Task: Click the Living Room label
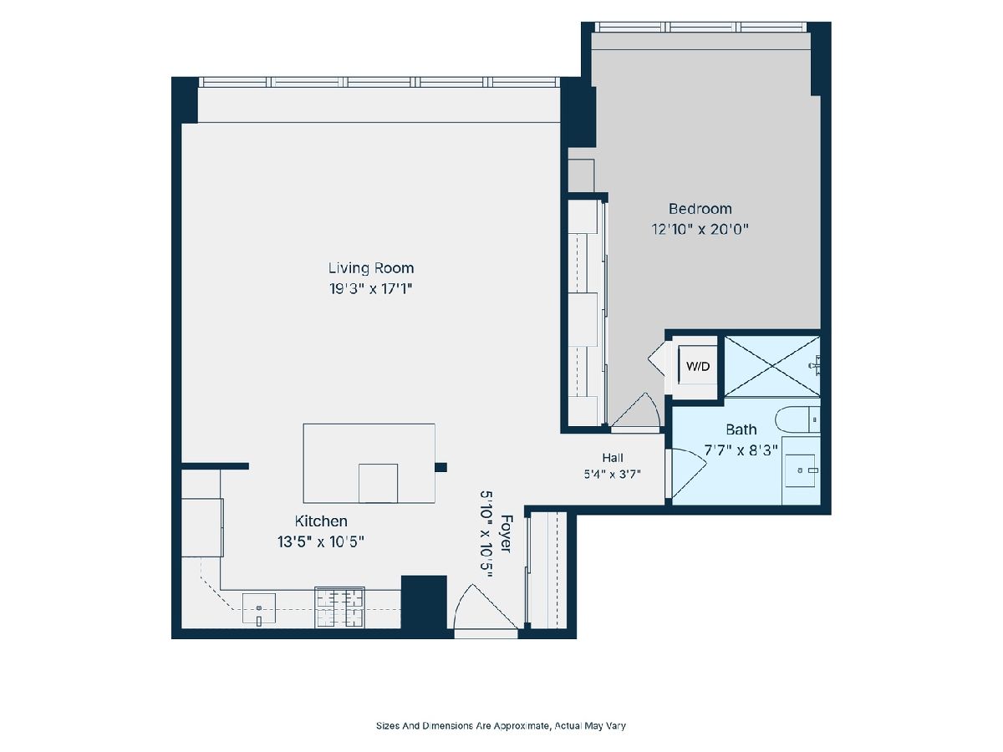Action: [370, 268]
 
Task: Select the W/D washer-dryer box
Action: [698, 366]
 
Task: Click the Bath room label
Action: [741, 429]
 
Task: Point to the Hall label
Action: [613, 458]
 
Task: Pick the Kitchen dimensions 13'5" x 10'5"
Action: [320, 542]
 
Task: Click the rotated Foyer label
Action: [507, 534]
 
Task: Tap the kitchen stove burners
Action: [339, 607]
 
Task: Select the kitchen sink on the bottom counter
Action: [258, 608]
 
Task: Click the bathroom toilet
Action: [797, 419]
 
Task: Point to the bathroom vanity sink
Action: [800, 470]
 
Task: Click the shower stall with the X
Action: [772, 366]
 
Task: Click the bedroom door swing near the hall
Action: [635, 410]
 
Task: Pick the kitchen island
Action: [369, 463]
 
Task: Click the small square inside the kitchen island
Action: [378, 483]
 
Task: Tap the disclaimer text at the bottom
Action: [501, 725]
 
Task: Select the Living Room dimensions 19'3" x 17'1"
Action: [370, 289]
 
